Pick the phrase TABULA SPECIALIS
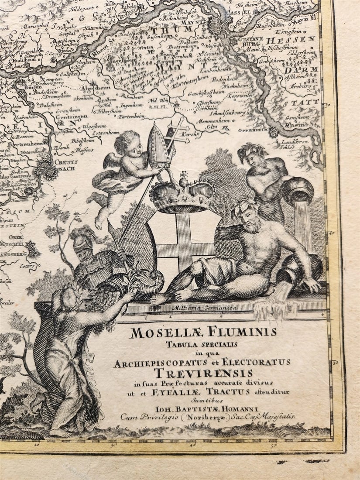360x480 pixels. click(x=202, y=344)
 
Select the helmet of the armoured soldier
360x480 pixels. click(x=82, y=238)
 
